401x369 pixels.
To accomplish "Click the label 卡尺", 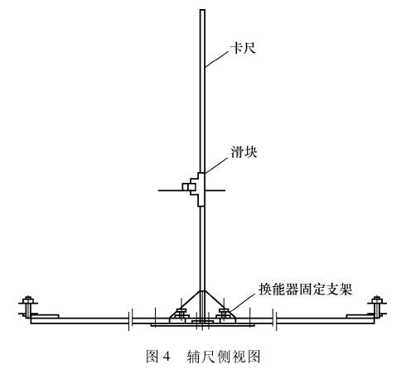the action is pyautogui.click(x=244, y=48).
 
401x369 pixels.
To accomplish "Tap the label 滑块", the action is pyautogui.click(x=244, y=151).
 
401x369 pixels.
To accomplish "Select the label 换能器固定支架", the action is pyautogui.click(x=305, y=290).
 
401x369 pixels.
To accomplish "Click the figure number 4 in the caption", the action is pyautogui.click(x=166, y=357).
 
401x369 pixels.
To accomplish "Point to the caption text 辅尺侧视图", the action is pyautogui.click(x=224, y=357).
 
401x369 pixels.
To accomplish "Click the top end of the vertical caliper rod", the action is pyautogui.click(x=202, y=10).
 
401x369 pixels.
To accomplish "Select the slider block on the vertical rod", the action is pyautogui.click(x=197, y=189).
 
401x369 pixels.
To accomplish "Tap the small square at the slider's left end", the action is pyautogui.click(x=185, y=187).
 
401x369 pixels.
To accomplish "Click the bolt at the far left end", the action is pyautogui.click(x=28, y=307).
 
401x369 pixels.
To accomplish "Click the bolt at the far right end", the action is pyautogui.click(x=376, y=307).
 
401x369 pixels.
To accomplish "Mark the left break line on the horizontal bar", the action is pyautogui.click(x=130, y=320).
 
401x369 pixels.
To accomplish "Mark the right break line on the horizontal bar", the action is pyautogui.click(x=274, y=320).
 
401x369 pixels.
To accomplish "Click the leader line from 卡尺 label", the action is pyautogui.click(x=218, y=60).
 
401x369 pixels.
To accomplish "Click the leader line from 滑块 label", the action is pyautogui.click(x=218, y=165).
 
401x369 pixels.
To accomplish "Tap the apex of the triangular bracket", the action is pyautogui.click(x=202, y=290).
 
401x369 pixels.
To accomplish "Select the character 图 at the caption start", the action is pyautogui.click(x=152, y=357).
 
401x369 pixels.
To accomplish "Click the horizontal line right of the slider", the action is pyautogui.click(x=215, y=190).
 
